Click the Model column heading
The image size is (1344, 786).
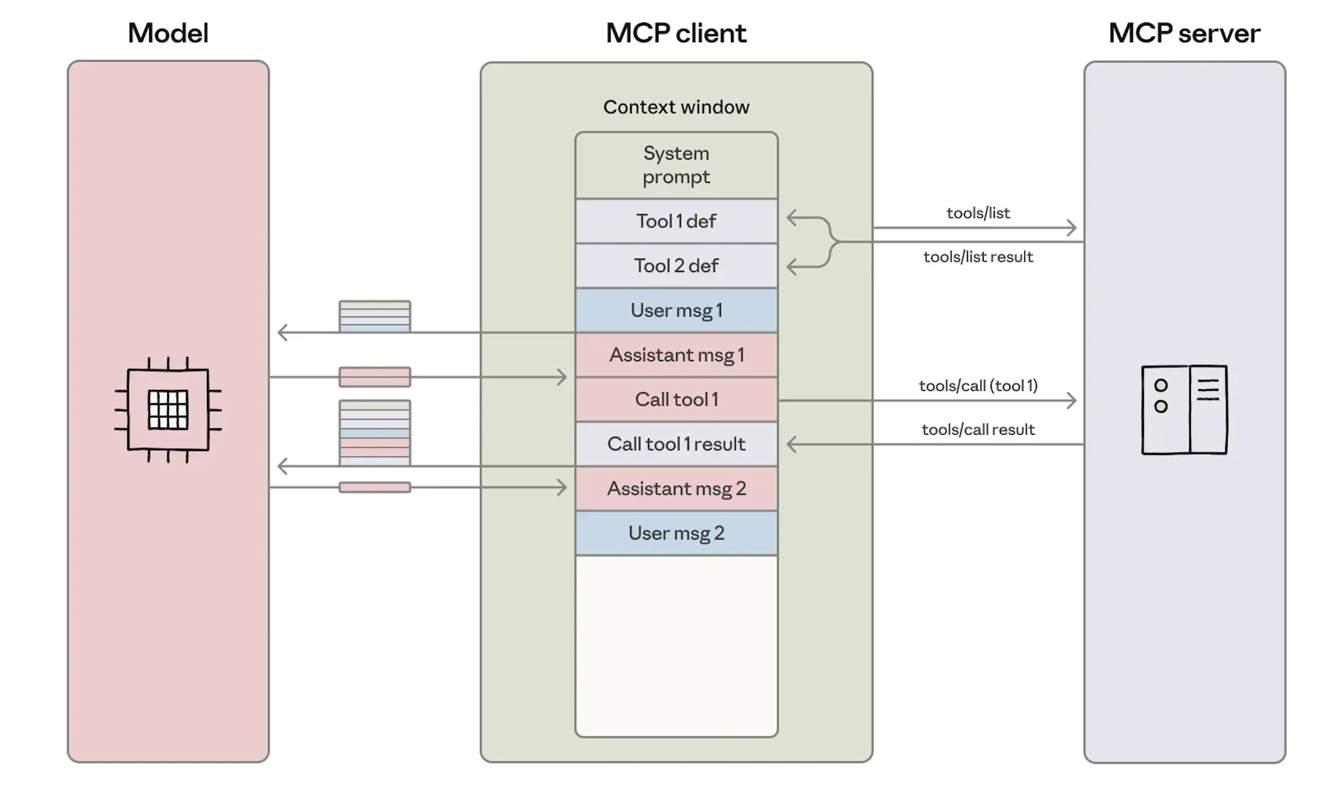point(168,33)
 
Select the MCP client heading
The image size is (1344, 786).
point(676,33)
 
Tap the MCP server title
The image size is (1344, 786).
point(1184,33)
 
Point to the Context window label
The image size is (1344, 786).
point(676,107)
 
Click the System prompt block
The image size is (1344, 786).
point(676,165)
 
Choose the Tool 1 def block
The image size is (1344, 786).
point(676,222)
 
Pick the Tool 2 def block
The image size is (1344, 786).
point(676,265)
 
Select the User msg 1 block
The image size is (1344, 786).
point(676,310)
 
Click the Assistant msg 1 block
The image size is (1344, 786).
point(676,355)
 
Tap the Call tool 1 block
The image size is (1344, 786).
point(676,399)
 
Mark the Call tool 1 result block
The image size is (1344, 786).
point(676,444)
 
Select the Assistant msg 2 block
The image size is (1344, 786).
point(676,488)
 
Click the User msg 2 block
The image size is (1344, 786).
point(676,533)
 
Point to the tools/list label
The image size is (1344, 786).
point(978,213)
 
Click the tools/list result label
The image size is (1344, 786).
point(978,257)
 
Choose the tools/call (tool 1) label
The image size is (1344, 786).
point(978,386)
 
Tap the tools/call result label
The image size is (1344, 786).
point(978,430)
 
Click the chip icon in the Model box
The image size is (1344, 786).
point(168,410)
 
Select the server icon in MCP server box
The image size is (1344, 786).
point(1184,410)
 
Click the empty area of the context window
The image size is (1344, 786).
point(676,645)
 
